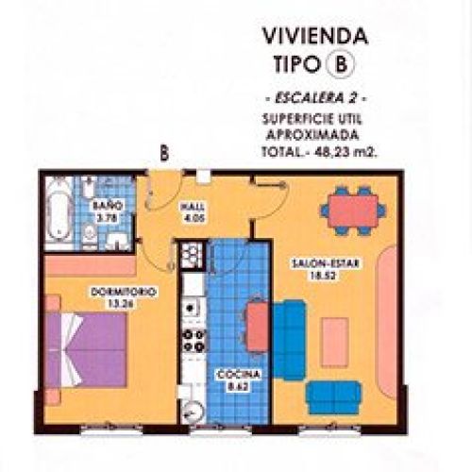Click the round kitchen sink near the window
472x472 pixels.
194,408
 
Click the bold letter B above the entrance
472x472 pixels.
164,152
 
